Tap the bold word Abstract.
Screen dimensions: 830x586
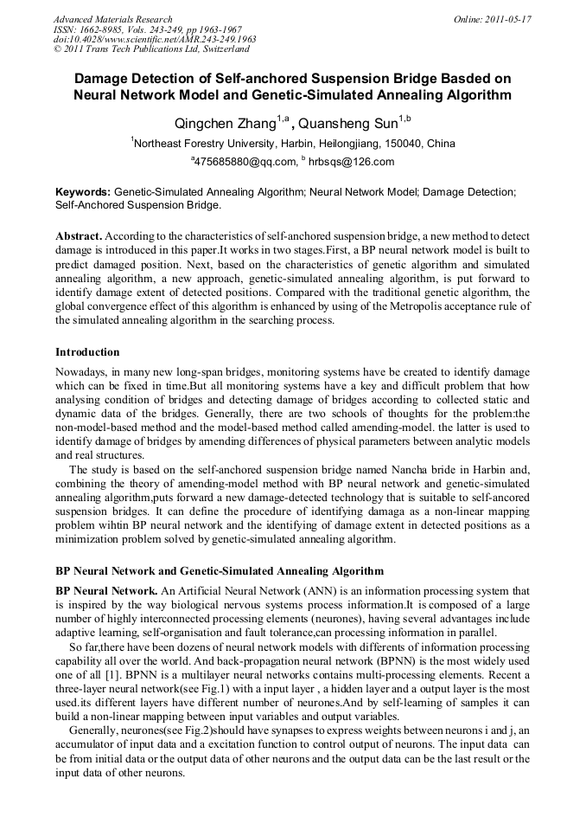pyautogui.click(x=79, y=236)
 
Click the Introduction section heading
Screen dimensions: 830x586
pyautogui.click(x=87, y=352)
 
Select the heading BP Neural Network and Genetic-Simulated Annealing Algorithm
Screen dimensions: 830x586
pyautogui.click(x=219, y=571)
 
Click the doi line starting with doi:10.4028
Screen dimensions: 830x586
pyautogui.click(x=155, y=40)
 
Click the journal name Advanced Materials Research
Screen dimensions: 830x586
pyautogui.click(x=112, y=19)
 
